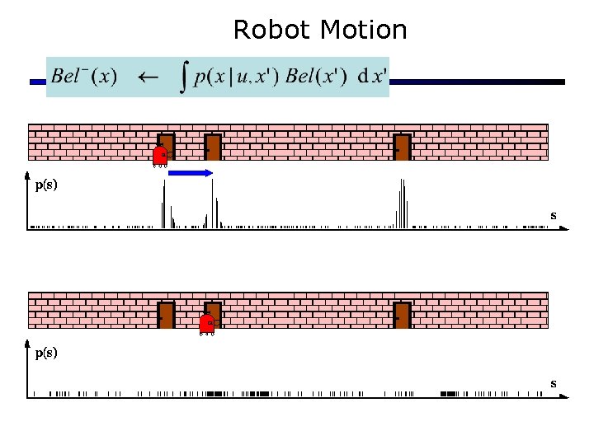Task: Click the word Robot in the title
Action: point(272,30)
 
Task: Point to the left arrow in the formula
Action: point(148,77)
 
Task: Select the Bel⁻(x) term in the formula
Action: point(83,77)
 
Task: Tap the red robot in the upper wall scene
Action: point(161,156)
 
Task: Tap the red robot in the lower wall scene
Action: point(207,325)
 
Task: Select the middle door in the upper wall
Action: point(213,146)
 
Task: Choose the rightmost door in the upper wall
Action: point(403,146)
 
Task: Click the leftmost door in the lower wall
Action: point(166,314)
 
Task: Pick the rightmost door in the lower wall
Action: point(403,314)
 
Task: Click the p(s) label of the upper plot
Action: point(46,185)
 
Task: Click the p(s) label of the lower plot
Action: point(46,354)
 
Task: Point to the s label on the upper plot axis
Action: point(554,215)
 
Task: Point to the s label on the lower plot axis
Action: point(554,383)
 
